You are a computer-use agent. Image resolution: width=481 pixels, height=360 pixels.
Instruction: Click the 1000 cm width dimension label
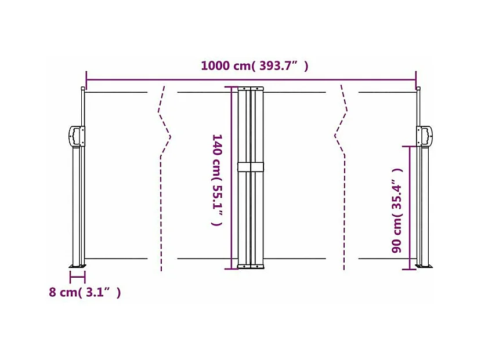pyautogui.click(x=254, y=66)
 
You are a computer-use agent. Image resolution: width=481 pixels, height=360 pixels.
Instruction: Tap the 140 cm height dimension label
pyautogui.click(x=217, y=180)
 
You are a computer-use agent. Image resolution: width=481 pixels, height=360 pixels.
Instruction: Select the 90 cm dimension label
pyautogui.click(x=397, y=210)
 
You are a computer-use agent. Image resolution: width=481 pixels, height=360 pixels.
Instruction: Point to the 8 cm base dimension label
pyautogui.click(x=85, y=292)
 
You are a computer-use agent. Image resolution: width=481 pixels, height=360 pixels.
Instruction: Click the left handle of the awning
pyautogui.click(x=76, y=136)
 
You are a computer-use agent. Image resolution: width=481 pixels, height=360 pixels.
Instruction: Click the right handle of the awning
pyautogui.click(x=425, y=136)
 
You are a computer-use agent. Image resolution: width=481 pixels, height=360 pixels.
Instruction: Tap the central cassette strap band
pyautogui.click(x=251, y=167)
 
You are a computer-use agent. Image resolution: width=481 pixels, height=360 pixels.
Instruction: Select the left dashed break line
pyautogui.click(x=164, y=179)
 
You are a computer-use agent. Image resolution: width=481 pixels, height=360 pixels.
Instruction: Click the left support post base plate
pyautogui.click(x=78, y=266)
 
